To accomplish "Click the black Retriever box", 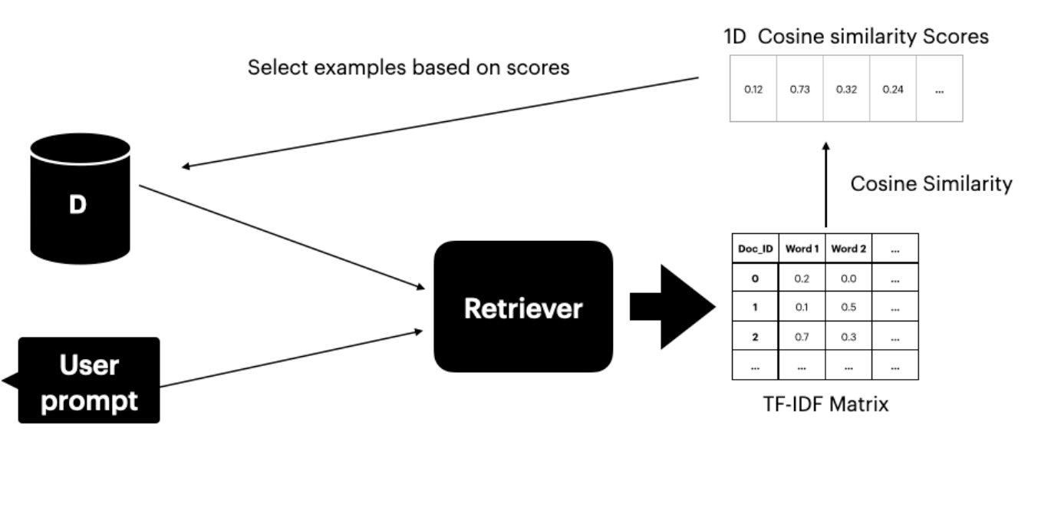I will click(523, 307).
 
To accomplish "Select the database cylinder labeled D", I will click(80, 199).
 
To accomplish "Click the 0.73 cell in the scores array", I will click(799, 89).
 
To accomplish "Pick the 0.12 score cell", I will click(753, 89).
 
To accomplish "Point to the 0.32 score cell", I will click(846, 89).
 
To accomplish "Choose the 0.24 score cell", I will click(892, 89).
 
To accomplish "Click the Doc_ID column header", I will click(755, 249).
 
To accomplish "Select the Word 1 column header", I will click(802, 249).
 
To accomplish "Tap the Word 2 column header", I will click(848, 249).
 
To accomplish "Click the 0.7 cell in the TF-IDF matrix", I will click(802, 336).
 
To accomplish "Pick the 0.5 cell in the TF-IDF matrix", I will click(848, 307).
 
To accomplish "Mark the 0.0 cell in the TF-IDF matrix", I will click(848, 278).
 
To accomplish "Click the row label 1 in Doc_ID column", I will click(755, 307).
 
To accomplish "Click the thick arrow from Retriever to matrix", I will click(671, 307).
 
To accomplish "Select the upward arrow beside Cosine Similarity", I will click(825, 184).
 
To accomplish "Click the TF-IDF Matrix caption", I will click(825, 404).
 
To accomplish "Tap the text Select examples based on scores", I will click(408, 68).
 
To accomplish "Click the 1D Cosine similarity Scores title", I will click(856, 36).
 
